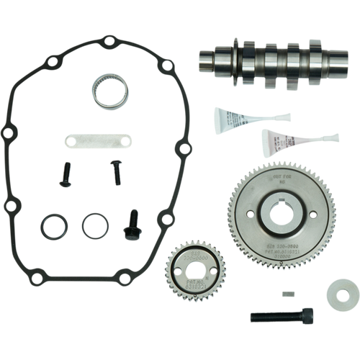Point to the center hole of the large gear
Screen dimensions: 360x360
coord(274,215)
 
